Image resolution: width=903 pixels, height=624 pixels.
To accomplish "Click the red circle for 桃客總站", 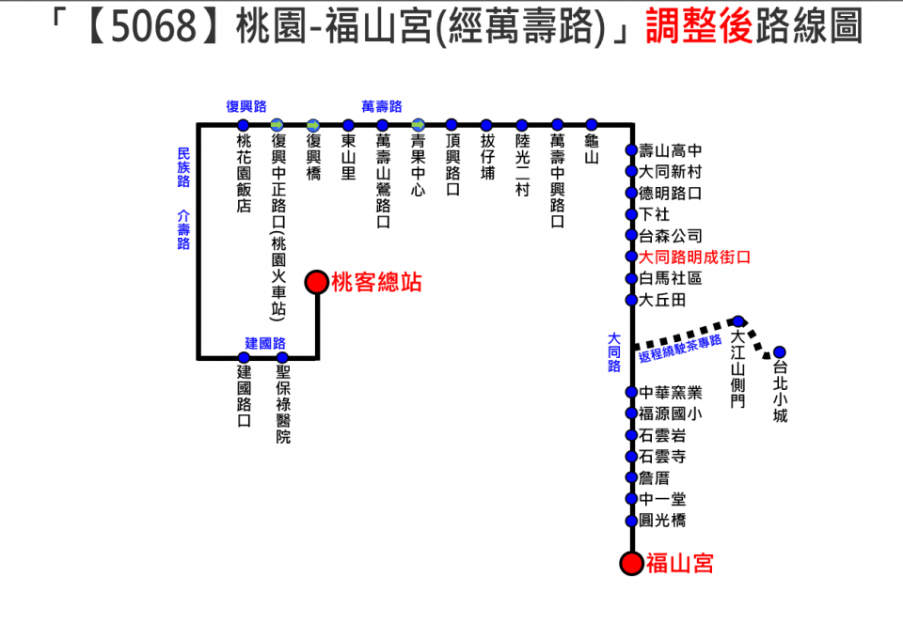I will pos(316,282).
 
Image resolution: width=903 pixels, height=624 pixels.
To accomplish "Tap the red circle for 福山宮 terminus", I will pos(631,564).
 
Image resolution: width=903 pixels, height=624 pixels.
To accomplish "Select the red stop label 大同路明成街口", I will pos(694,257).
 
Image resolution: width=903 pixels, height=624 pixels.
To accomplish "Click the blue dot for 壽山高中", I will pos(632,150).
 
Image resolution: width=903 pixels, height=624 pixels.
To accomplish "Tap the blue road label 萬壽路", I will pos(381,106).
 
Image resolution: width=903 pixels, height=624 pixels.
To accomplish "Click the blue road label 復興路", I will pos(246,106).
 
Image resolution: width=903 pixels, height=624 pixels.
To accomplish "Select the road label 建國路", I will pos(265,343).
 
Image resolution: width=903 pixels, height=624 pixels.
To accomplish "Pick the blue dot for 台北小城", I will pos(779,352).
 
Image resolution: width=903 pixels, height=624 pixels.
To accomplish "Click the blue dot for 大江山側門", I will pos(738,321).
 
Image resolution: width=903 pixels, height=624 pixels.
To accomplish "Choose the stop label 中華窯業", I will pos(671,393).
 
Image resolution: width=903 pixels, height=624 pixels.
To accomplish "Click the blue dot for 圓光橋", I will pos(632,521).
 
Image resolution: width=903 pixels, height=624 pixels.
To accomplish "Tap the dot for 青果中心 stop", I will pos(418,125).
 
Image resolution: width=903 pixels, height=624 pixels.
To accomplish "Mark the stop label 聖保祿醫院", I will pos(283,404).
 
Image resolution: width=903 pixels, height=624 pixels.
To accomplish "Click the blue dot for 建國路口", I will pos(244,358).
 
